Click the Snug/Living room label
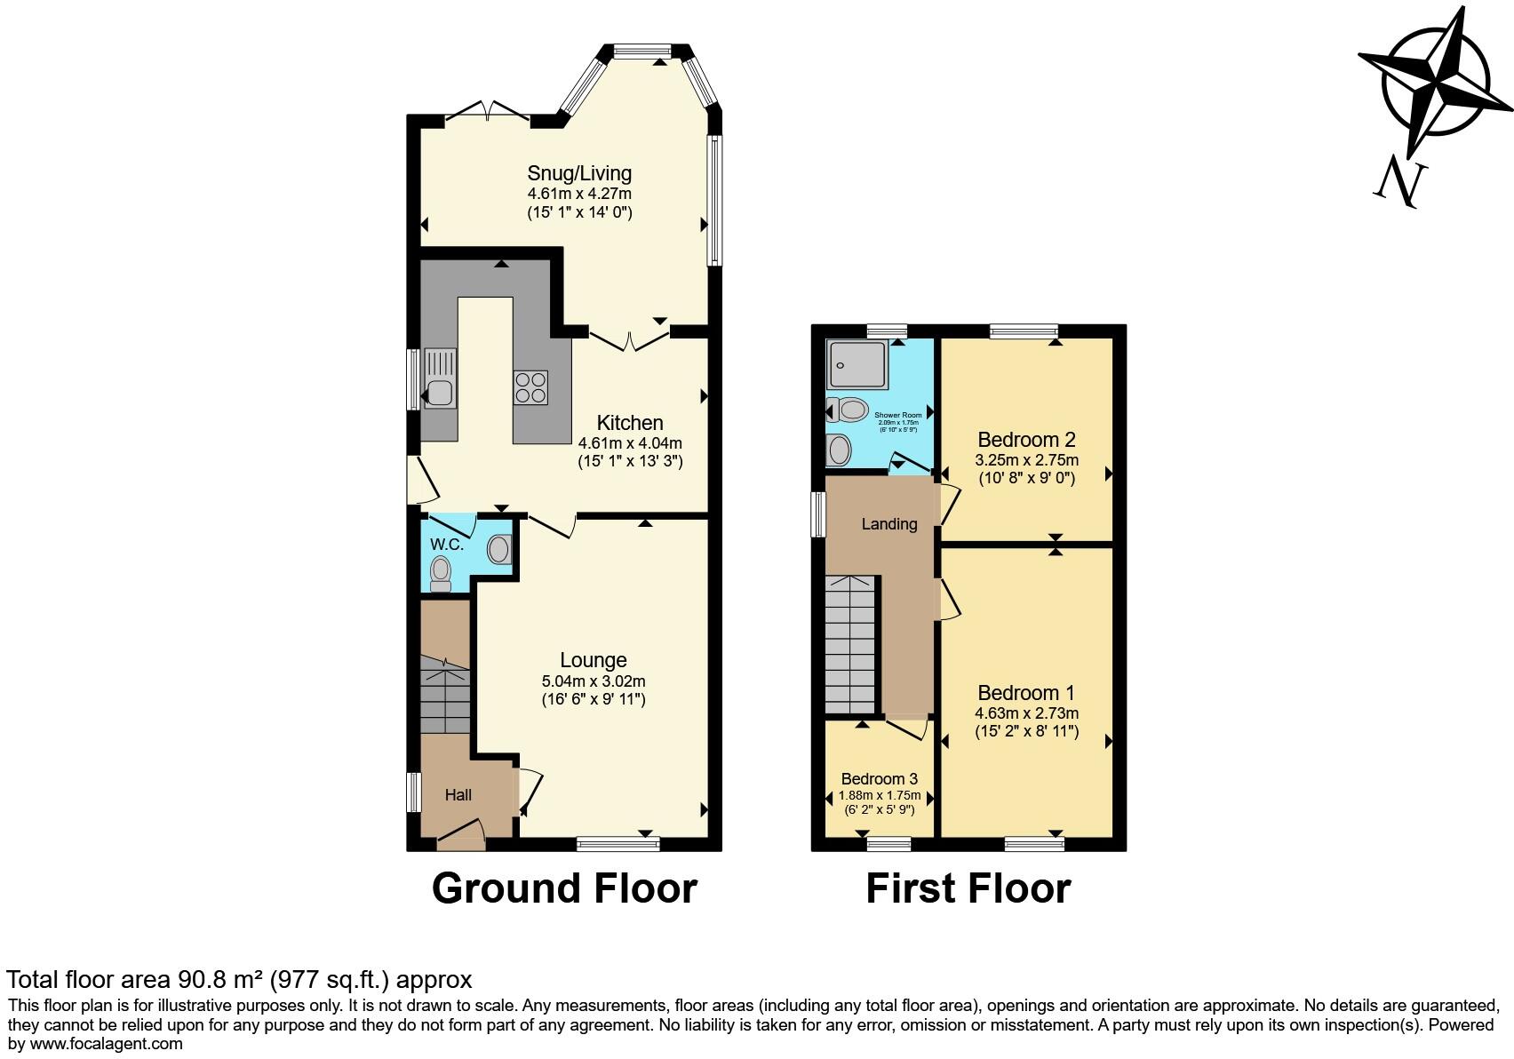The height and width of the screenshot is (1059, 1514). point(579,173)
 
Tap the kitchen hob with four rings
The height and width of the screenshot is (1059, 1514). point(530,387)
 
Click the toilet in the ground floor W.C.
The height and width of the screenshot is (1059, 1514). point(440,573)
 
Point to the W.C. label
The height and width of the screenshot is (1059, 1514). point(446,544)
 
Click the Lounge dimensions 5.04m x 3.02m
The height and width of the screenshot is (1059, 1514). point(594,681)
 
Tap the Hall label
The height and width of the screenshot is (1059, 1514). point(458,795)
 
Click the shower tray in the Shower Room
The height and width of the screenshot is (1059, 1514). point(857,365)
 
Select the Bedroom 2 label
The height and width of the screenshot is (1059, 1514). point(1026,440)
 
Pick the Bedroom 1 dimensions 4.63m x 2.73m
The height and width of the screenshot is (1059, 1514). point(1026,713)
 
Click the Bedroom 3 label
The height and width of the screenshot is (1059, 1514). point(879,779)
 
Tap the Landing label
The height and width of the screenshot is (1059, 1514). point(888,524)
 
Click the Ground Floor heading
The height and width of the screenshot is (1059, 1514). point(564,888)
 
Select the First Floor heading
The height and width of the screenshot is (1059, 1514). point(968,888)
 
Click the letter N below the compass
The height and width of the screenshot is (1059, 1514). point(1401,182)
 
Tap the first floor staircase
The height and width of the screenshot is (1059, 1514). point(850,645)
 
